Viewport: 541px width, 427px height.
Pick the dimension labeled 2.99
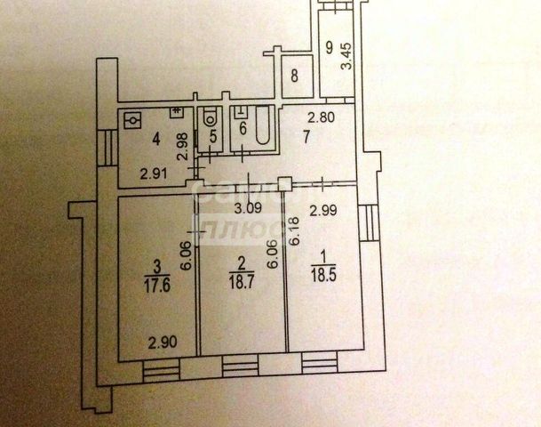tap(322, 211)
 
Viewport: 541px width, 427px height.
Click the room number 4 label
tap(156, 138)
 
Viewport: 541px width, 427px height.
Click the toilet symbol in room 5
tap(210, 118)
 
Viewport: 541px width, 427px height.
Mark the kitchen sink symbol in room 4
tap(134, 118)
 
